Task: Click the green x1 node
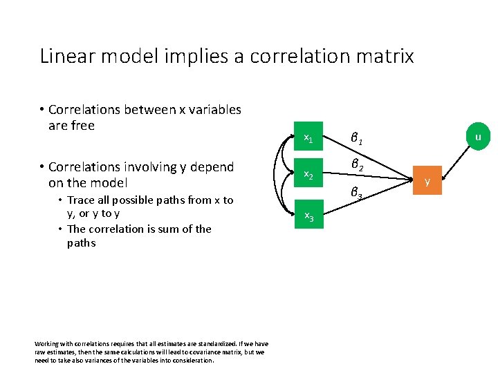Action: click(x=308, y=140)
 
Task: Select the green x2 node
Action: click(x=308, y=177)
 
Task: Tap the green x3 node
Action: click(x=308, y=217)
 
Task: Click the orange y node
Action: click(x=427, y=182)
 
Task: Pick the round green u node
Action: click(x=477, y=137)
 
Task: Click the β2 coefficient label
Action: click(x=357, y=166)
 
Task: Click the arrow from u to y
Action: click(x=453, y=158)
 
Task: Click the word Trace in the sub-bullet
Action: click(x=82, y=200)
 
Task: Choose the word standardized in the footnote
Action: click(x=194, y=344)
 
